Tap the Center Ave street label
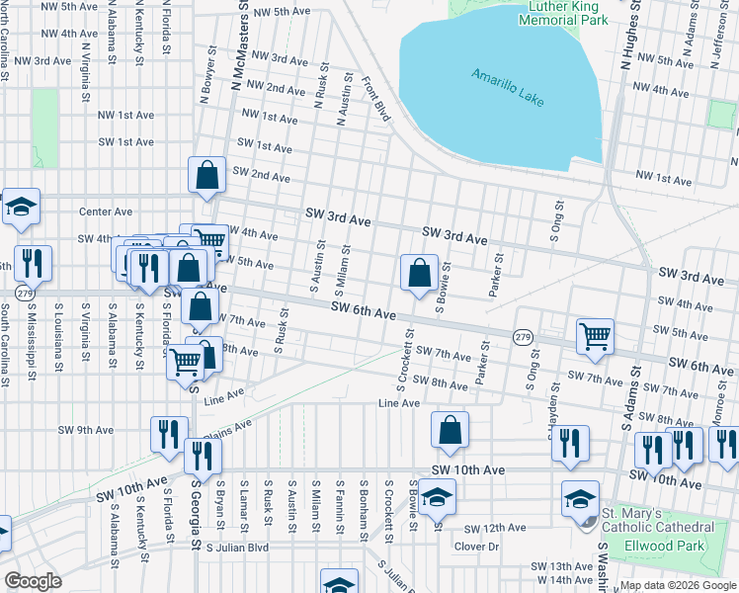(106, 212)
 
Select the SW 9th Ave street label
(87, 430)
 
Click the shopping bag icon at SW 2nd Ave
(207, 176)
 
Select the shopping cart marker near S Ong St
(596, 336)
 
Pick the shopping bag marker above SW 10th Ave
(450, 430)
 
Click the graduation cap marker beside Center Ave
(21, 207)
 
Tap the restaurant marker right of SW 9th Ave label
(169, 434)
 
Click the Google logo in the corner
(32, 581)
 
